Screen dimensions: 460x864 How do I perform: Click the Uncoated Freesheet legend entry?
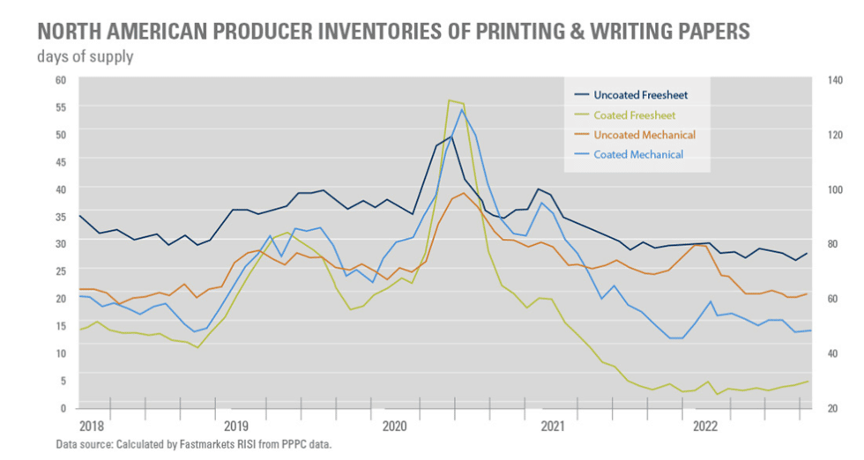pyautogui.click(x=640, y=94)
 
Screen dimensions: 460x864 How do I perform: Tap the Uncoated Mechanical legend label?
pyautogui.click(x=644, y=135)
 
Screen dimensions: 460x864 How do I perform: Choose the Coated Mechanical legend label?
pyautogui.click(x=638, y=154)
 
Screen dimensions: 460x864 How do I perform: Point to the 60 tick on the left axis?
pyautogui.click(x=61, y=79)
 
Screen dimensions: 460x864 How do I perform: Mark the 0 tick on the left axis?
pyautogui.click(x=63, y=407)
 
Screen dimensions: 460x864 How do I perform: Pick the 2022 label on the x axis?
pyautogui.click(x=706, y=426)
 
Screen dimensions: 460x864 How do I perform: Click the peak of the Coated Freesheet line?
pyautogui.click(x=450, y=100)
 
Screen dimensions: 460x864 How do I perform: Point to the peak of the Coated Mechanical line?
pyautogui.click(x=462, y=110)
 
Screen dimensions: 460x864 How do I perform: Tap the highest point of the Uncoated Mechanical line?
pyautogui.click(x=464, y=193)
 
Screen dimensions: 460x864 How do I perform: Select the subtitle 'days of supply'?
pyautogui.click(x=86, y=58)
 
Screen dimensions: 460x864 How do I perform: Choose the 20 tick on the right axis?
pyautogui.click(x=829, y=407)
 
